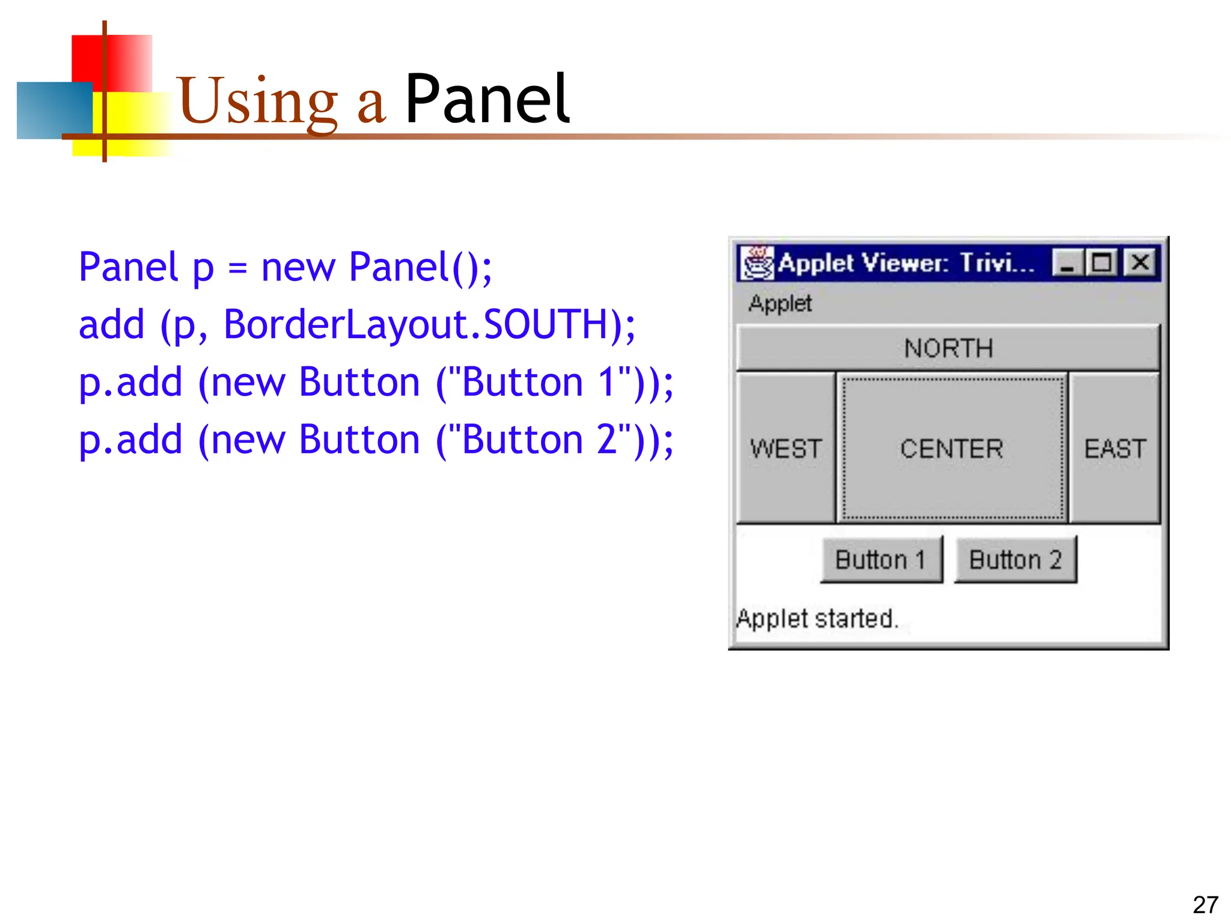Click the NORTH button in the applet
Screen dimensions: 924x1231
(948, 348)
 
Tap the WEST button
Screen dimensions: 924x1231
(786, 448)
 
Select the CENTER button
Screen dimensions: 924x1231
(952, 448)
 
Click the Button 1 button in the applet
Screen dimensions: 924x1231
(881, 559)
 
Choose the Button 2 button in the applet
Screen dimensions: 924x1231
(1015, 559)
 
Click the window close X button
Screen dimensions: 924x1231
(1140, 263)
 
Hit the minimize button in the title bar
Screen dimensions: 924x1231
(1068, 263)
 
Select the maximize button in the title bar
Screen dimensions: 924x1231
(1102, 263)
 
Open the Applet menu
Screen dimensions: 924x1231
(780, 304)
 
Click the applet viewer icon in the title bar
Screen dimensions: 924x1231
(757, 263)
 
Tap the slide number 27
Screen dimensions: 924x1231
(1205, 905)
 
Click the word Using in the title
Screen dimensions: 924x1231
(258, 101)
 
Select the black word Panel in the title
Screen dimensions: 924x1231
(487, 99)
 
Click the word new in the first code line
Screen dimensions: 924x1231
(298, 267)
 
